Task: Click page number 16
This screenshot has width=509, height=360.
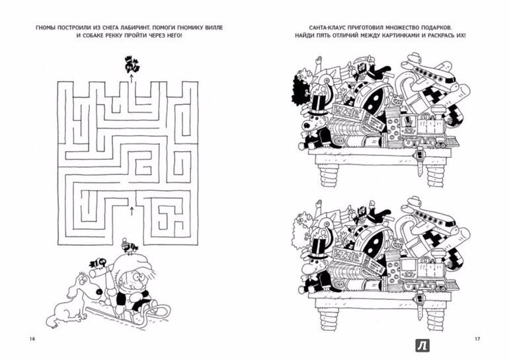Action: pyautogui.click(x=32, y=339)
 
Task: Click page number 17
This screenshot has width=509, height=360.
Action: pyautogui.click(x=477, y=339)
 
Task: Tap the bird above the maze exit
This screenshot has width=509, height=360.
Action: pyautogui.click(x=132, y=65)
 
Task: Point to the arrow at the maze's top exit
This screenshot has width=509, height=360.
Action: pyautogui.click(x=132, y=78)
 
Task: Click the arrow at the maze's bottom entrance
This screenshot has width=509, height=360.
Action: pyautogui.click(x=132, y=211)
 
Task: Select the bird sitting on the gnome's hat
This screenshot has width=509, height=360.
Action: pyautogui.click(x=128, y=246)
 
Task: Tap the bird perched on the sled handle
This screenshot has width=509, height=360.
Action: pyautogui.click(x=99, y=263)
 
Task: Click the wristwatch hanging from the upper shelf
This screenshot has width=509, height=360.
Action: pyautogui.click(x=420, y=161)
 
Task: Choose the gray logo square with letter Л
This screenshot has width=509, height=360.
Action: pyautogui.click(x=422, y=345)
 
